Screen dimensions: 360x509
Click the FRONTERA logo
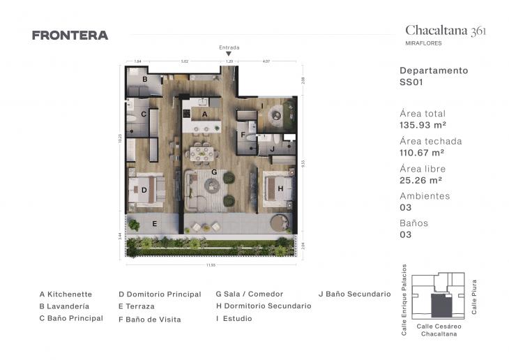pyautogui.click(x=70, y=36)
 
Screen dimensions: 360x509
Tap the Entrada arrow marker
pyautogui.click(x=229, y=54)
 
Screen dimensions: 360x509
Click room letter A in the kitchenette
pyautogui.click(x=204, y=113)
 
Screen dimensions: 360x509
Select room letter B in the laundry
pyautogui.click(x=144, y=80)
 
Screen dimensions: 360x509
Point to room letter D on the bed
pyautogui.click(x=144, y=189)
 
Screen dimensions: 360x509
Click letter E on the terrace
pyautogui.click(x=155, y=223)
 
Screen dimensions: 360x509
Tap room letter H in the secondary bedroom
pyautogui.click(x=279, y=188)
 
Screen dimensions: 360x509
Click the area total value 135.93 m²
pyautogui.click(x=423, y=126)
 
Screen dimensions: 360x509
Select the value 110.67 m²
pyautogui.click(x=422, y=153)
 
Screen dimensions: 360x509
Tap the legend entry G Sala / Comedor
pyautogui.click(x=250, y=294)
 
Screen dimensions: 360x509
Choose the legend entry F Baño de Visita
pyautogui.click(x=149, y=320)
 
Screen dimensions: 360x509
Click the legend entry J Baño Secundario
pyautogui.click(x=354, y=294)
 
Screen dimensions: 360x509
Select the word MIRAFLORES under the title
pyautogui.click(x=423, y=43)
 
